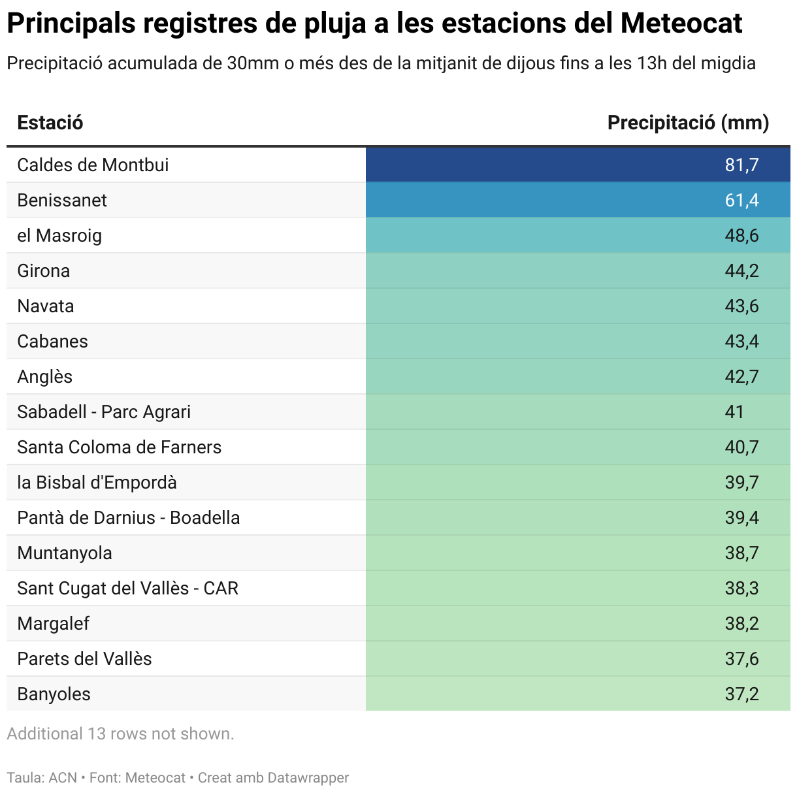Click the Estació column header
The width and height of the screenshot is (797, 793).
[50, 123]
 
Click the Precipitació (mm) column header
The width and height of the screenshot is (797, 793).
[688, 123]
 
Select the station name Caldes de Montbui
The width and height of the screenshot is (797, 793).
[93, 165]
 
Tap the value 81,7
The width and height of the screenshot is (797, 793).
[741, 165]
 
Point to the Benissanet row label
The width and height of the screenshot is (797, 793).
[62, 200]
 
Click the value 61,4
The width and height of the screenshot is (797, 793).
[741, 200]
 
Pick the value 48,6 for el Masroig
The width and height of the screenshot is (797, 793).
[741, 235]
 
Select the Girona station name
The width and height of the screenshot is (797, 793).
[44, 270]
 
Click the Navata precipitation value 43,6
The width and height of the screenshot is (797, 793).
[741, 306]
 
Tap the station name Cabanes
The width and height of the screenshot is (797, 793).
[52, 341]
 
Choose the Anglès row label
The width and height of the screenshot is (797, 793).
[45, 376]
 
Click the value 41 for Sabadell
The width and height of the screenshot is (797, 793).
[734, 412]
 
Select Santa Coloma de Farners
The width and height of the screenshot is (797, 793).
[120, 447]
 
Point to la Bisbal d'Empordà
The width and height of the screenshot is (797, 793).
[97, 482]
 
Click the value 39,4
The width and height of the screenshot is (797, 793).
[741, 517]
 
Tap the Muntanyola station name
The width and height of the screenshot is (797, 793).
[65, 553]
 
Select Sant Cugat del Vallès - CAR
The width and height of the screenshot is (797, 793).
[128, 588]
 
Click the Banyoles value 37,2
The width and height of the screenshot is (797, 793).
[741, 694]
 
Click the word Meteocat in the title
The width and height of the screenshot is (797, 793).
[681, 24]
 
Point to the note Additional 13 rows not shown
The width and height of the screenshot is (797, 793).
[120, 734]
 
